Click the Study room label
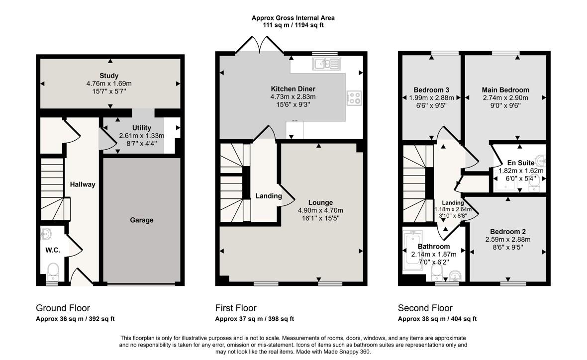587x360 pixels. point(109,76)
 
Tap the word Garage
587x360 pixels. point(141,220)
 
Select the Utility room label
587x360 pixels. point(141,128)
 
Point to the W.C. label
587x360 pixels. point(53,250)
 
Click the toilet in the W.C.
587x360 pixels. point(53,272)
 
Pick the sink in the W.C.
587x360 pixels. point(46,234)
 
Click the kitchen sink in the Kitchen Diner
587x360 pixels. point(326,64)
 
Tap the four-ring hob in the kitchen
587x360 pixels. point(354,97)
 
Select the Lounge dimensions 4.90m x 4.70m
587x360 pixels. point(320,210)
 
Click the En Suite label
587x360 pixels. point(521,163)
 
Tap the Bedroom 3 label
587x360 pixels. point(431,90)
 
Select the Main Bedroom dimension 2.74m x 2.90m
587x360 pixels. point(505,98)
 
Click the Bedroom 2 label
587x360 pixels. point(507,232)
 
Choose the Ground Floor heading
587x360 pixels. point(63,308)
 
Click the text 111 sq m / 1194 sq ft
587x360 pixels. point(293,25)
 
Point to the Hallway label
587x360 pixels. point(83,184)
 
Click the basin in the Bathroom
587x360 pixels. point(455,276)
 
